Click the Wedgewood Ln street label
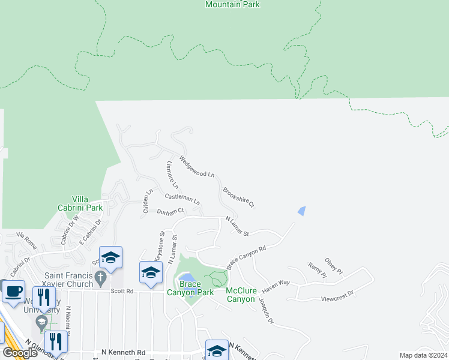tap(197, 166)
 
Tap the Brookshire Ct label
tap(239, 197)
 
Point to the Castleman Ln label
tap(181, 197)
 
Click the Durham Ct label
tap(170, 212)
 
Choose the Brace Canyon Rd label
tap(246, 257)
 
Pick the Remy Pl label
tap(317, 271)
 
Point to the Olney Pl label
tap(334, 266)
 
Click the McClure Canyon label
tap(241, 295)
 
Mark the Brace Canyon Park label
tap(190, 289)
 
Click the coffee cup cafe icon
tap(13, 292)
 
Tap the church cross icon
tap(101, 278)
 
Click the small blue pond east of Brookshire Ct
tap(301, 211)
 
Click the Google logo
tap(20, 353)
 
